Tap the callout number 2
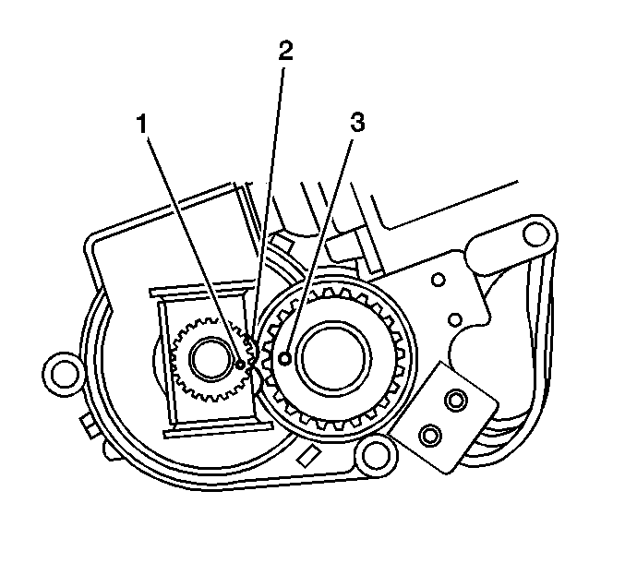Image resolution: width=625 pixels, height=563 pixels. pyautogui.click(x=286, y=52)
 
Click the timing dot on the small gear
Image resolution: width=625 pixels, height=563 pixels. pyautogui.click(x=241, y=365)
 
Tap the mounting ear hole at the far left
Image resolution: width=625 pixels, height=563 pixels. pyautogui.click(x=64, y=372)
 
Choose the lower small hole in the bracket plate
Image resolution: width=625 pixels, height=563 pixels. pyautogui.click(x=454, y=319)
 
